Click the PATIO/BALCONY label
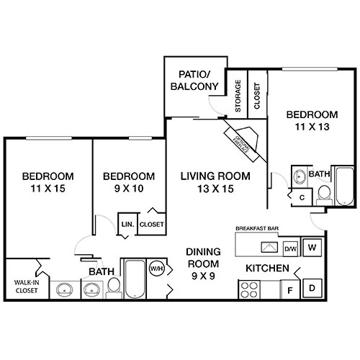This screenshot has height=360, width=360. tap(194, 79)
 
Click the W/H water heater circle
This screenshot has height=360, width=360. tap(157, 269)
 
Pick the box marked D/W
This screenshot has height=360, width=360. tap(291, 250)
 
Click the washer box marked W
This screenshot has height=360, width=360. tap(312, 247)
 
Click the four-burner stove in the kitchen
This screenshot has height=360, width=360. tap(249, 290)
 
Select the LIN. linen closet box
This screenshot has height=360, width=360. tap(127, 224)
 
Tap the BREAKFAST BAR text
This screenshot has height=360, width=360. tap(258, 228)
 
